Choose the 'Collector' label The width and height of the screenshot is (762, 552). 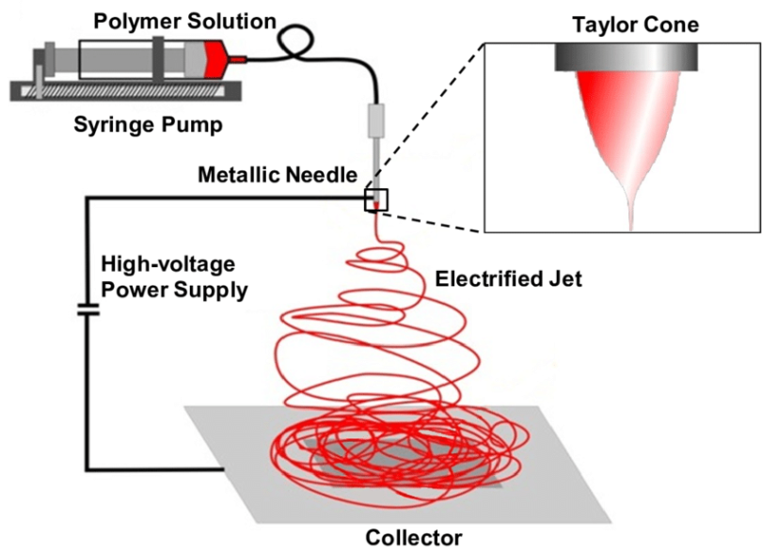click(x=414, y=538)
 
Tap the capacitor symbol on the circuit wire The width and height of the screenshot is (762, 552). click(x=87, y=310)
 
